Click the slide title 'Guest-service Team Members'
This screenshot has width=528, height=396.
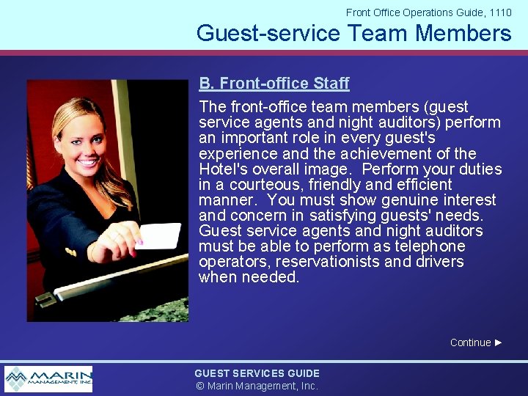pyautogui.click(x=353, y=33)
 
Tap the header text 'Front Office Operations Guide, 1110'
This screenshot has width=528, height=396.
pyautogui.click(x=428, y=12)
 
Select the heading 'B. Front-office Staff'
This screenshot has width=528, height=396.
pyautogui.click(x=274, y=84)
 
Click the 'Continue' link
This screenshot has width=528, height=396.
pyautogui.click(x=470, y=342)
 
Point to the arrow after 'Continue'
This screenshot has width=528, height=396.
pyautogui.click(x=499, y=342)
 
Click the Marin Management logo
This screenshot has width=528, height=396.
pyautogui.click(x=48, y=379)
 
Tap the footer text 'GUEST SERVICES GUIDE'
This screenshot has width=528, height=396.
pyautogui.click(x=257, y=373)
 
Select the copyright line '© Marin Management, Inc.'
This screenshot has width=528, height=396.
pyautogui.click(x=257, y=386)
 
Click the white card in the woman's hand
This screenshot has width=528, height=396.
pyautogui.click(x=158, y=236)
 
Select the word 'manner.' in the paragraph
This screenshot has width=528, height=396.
pyautogui.click(x=229, y=200)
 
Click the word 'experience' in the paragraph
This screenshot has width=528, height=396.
pyautogui.click(x=236, y=154)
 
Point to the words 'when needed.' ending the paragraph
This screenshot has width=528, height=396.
pyautogui.click(x=249, y=277)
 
